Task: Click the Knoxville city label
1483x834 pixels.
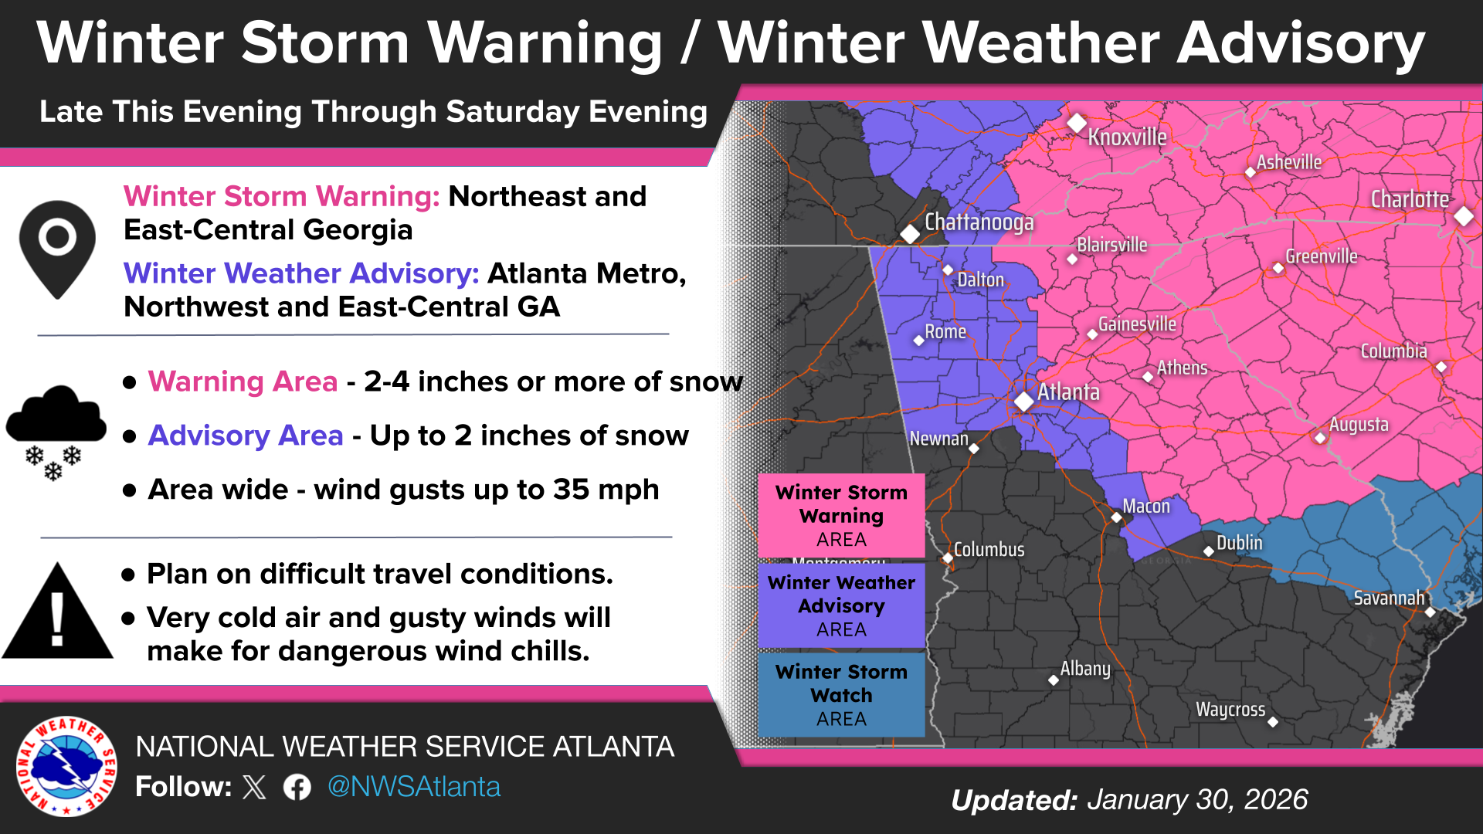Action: [1127, 137]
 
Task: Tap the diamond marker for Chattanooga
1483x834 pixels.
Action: [911, 233]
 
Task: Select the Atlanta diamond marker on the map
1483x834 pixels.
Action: [1024, 401]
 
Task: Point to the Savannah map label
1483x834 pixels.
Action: [1389, 598]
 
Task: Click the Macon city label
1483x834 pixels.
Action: [1146, 506]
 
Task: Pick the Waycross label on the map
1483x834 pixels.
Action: [1230, 709]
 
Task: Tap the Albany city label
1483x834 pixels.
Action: [1085, 669]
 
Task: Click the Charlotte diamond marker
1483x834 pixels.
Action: [1463, 215]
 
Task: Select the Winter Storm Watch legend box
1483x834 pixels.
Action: [841, 695]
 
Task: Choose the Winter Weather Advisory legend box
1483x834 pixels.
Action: [841, 605]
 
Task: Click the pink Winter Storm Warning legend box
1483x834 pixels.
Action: [841, 515]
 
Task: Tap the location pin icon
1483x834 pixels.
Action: [57, 248]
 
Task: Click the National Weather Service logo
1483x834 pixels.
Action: [67, 766]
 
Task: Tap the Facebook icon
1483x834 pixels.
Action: [297, 787]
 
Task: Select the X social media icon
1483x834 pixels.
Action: [254, 787]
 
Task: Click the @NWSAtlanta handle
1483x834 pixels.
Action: [414, 787]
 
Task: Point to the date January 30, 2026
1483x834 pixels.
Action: [1197, 799]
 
